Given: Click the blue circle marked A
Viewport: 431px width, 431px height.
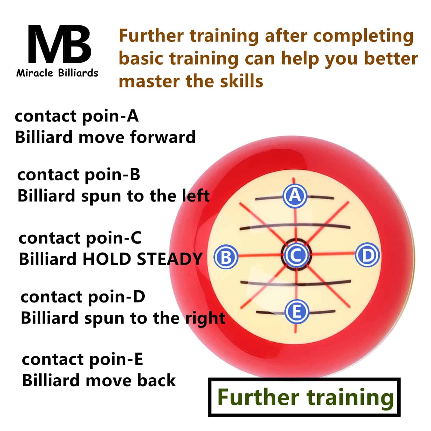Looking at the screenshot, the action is point(295,196).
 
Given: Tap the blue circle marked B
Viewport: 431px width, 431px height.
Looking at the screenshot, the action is point(226,257).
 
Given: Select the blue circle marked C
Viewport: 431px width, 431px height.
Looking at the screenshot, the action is point(296,255).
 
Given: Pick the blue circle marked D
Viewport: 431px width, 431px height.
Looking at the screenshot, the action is point(367,255).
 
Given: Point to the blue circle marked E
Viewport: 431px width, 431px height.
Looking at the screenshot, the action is point(297,311).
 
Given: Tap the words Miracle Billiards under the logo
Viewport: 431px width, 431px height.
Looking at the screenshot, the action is point(57,73).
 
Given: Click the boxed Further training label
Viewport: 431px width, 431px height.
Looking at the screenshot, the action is point(304,397).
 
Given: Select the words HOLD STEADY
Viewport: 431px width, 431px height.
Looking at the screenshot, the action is point(142,259).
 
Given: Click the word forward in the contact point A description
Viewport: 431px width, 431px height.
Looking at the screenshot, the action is point(163,137).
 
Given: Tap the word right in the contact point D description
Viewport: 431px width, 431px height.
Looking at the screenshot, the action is point(205,319).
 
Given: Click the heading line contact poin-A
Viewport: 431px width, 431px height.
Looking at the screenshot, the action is point(77,116).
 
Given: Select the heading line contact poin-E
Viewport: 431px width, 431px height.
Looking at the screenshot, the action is point(82,360).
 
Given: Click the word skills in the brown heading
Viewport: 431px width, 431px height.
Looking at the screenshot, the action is point(241,81).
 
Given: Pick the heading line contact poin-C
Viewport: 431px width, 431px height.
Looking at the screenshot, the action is point(80,238).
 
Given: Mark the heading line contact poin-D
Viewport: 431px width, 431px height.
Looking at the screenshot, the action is point(83,297).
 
